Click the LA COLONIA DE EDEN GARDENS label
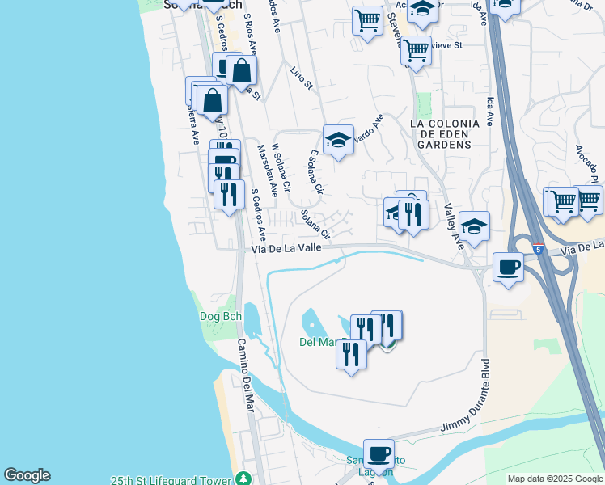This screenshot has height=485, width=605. [444, 133]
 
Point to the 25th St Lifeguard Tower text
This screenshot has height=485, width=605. [170, 479]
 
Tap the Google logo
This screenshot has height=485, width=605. [27, 475]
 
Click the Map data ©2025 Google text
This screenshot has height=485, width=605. [554, 479]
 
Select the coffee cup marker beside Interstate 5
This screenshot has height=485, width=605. [508, 267]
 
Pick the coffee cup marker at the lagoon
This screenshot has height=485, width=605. [379, 453]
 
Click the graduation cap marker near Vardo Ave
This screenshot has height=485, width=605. [338, 140]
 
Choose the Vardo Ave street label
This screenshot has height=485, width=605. [368, 128]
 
